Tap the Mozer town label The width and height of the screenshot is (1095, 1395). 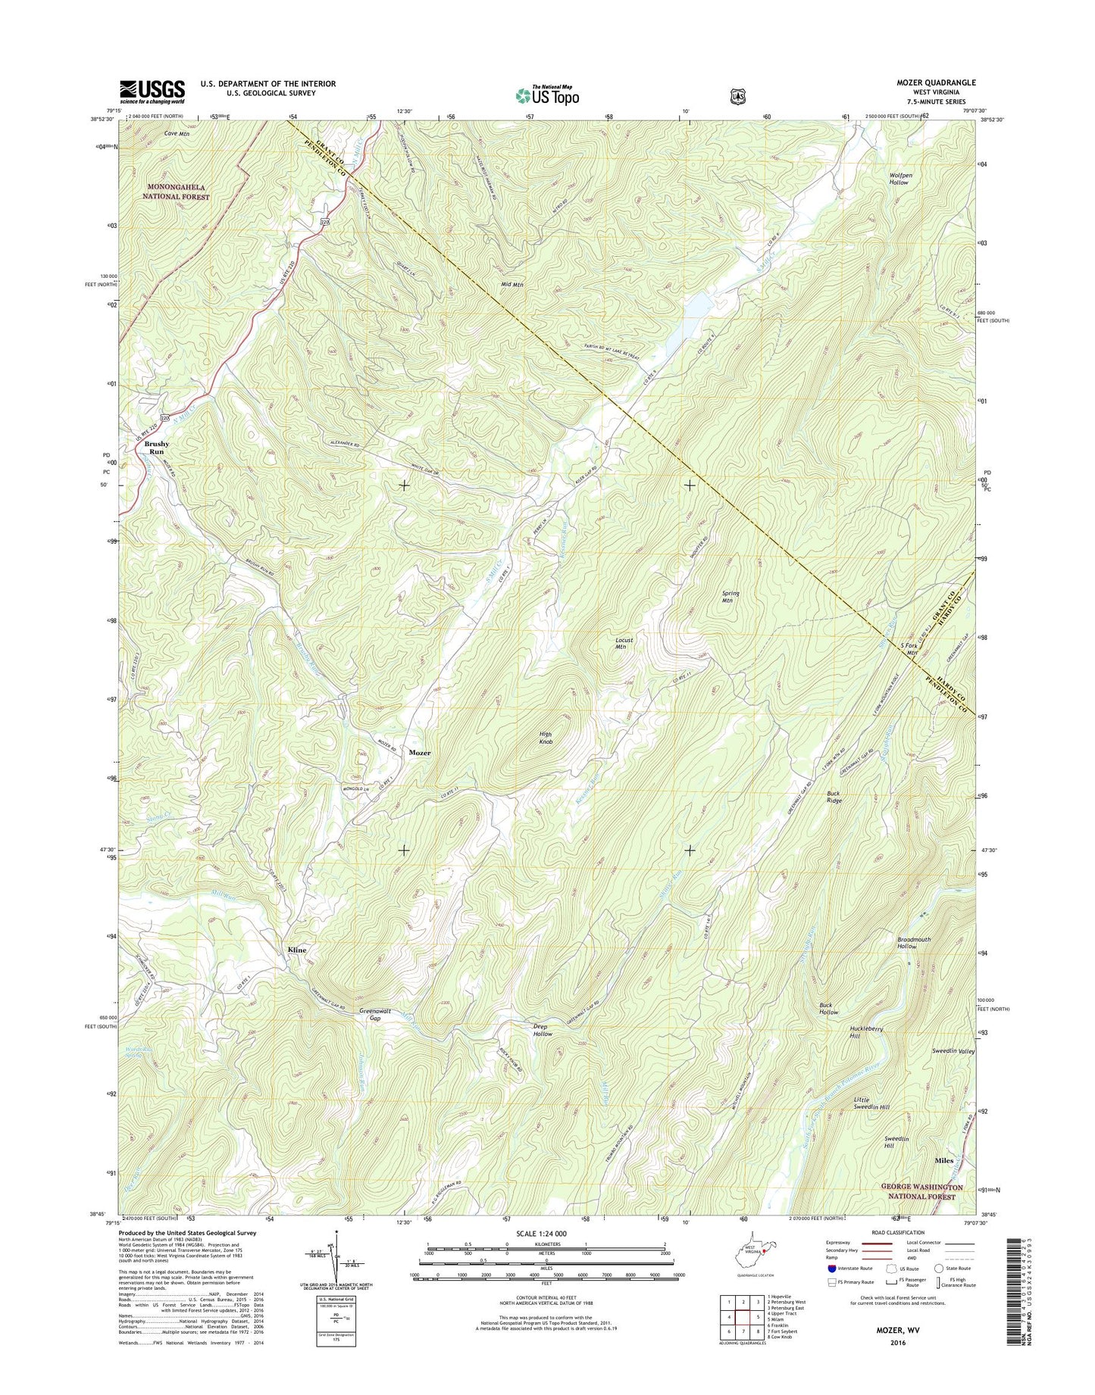click(420, 753)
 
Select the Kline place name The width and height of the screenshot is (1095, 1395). click(296, 950)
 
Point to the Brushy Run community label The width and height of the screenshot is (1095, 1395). click(156, 447)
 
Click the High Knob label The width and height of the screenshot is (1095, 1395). click(546, 738)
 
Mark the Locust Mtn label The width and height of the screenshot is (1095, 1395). click(624, 644)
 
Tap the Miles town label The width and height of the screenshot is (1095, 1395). click(943, 1160)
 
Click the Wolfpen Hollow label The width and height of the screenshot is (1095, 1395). click(900, 179)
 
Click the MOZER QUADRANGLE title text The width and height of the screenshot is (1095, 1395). click(935, 83)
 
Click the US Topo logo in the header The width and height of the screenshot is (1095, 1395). click(546, 95)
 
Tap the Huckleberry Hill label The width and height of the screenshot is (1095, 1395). click(865, 1031)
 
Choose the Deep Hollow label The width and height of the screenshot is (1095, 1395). click(542, 1030)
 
